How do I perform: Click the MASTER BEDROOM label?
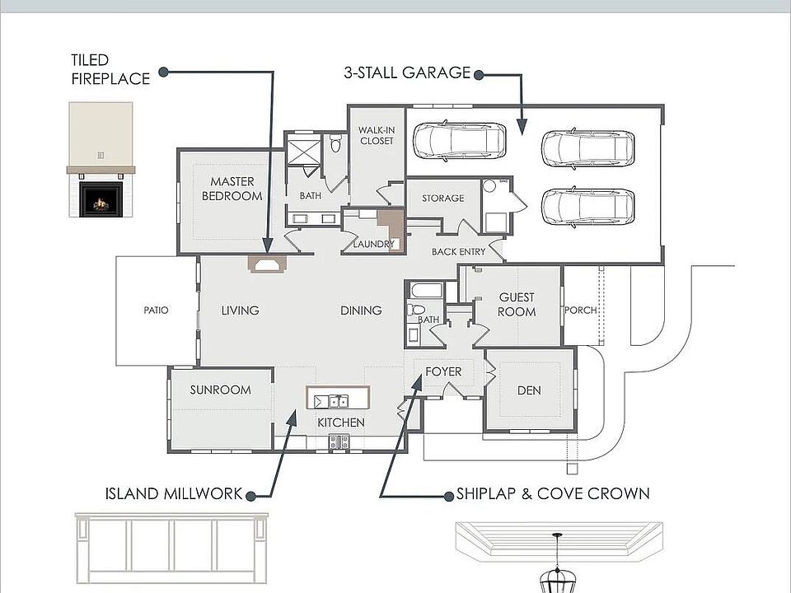(232, 189)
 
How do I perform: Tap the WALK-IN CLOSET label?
(377, 136)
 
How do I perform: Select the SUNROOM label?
(221, 390)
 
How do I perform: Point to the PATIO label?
(156, 311)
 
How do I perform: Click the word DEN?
(529, 390)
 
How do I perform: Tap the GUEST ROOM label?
(517, 305)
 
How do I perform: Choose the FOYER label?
(443, 371)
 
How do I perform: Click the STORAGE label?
(443, 198)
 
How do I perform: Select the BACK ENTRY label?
(459, 252)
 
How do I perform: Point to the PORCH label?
(581, 311)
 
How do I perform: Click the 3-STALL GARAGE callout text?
(407, 72)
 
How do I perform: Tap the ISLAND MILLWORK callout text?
(174, 493)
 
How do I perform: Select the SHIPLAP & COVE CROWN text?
(553, 493)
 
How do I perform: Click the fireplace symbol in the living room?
(267, 264)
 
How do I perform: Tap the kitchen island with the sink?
(338, 398)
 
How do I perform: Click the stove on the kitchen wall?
(339, 442)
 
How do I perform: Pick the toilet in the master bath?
(336, 143)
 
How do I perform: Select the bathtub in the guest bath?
(427, 291)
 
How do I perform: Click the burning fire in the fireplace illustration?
(101, 203)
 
